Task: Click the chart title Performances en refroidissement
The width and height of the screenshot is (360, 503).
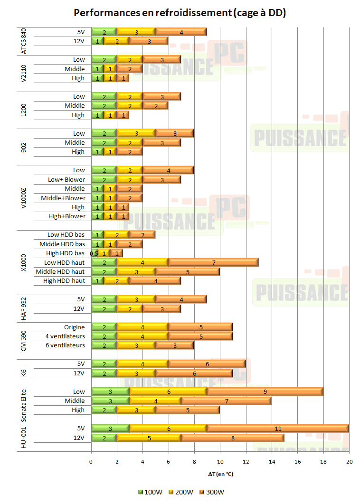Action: click(x=180, y=13)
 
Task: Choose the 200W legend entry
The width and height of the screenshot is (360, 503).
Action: click(x=182, y=492)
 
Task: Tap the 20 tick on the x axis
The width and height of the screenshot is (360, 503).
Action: click(x=349, y=461)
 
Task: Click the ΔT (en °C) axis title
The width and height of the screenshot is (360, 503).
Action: click(x=220, y=474)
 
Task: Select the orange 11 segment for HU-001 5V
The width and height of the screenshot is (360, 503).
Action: click(x=278, y=428)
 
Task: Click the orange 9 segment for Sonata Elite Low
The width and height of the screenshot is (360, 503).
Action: click(x=265, y=392)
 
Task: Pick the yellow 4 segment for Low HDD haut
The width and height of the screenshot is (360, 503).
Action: click(x=142, y=262)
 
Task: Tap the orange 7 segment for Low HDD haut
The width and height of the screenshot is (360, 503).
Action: click(x=213, y=262)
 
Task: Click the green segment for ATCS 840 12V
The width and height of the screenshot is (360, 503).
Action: click(x=97, y=41)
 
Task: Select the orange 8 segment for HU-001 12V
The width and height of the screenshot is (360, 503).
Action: click(x=233, y=438)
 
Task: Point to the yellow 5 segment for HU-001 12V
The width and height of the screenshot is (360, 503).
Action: click(x=149, y=438)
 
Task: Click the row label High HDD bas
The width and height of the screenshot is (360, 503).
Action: click(x=65, y=253)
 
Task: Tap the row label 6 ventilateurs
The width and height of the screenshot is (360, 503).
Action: click(x=65, y=345)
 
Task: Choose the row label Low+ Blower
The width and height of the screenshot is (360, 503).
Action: click(x=67, y=179)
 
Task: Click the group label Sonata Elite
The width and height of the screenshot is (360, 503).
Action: click(x=24, y=406)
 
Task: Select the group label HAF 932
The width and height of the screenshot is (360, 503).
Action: click(x=24, y=304)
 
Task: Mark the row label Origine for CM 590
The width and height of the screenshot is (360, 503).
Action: click(x=75, y=327)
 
